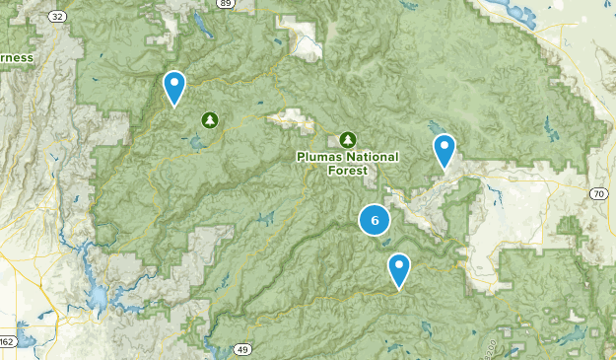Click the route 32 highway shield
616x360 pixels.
coord(57,17)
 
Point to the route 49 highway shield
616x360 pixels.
coord(242,349)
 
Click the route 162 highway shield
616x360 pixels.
coord(6,341)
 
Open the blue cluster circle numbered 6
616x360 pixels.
coord(375,220)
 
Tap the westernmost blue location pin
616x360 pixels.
coord(174,87)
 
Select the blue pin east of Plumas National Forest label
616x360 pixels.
coord(445,151)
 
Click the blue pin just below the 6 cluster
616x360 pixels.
coord(398,268)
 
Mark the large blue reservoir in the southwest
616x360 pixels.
coord(99,295)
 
